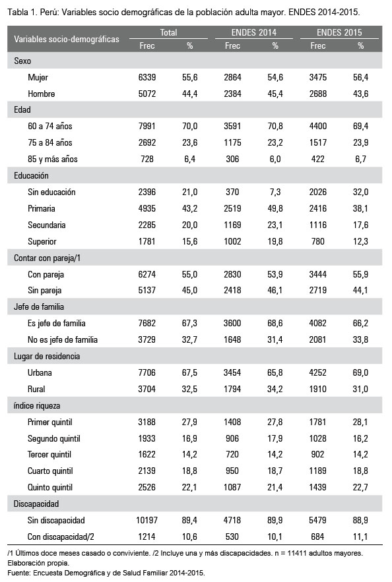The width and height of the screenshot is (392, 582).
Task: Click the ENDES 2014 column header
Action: (x=254, y=33)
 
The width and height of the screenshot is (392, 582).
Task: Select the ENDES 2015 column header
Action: (x=339, y=33)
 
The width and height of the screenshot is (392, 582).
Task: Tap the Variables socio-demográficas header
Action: (x=67, y=39)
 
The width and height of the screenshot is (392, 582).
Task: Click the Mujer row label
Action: (x=38, y=77)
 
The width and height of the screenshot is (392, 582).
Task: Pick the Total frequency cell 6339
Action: (x=147, y=77)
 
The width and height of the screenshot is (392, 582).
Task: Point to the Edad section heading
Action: (x=22, y=110)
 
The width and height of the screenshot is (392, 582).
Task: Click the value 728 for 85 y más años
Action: (x=147, y=160)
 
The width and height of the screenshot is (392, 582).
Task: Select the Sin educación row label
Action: (x=51, y=192)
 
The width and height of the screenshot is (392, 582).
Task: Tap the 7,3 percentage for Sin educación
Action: (x=275, y=192)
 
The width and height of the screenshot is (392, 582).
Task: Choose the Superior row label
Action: (x=42, y=242)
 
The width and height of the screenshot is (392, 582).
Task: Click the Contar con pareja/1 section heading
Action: (x=48, y=258)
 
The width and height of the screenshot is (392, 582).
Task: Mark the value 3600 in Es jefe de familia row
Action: (x=232, y=323)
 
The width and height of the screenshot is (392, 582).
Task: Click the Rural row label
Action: (x=36, y=389)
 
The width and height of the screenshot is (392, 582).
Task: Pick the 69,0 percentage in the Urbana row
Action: (x=360, y=372)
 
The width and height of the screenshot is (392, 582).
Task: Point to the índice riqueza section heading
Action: (x=37, y=406)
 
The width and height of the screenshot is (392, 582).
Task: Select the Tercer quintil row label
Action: (x=49, y=455)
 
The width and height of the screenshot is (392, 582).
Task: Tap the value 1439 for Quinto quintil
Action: (x=317, y=487)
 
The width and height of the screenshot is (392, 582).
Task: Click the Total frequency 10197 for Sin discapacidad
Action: (x=147, y=521)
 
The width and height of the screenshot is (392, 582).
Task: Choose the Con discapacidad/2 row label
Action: (x=61, y=537)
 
